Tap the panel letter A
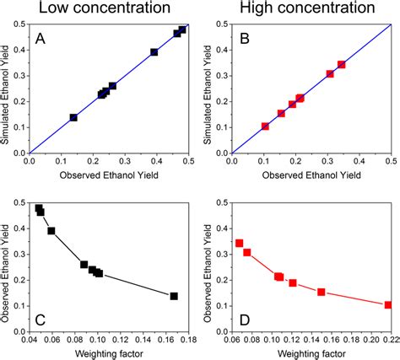click(41, 39)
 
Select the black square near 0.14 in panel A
click(73, 118)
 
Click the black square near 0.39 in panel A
click(154, 52)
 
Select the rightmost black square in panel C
click(174, 296)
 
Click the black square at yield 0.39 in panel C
click(51, 231)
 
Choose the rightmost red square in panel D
click(387, 305)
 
